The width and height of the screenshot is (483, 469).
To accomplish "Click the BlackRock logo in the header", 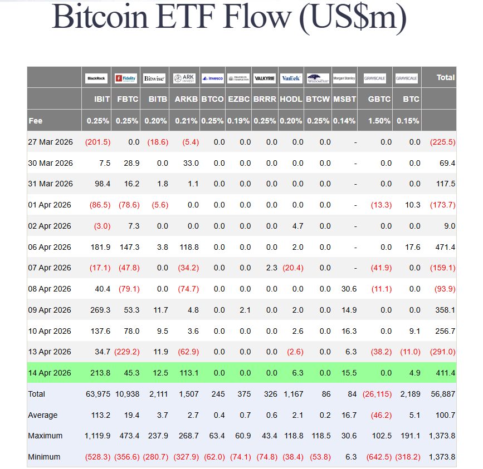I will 96,78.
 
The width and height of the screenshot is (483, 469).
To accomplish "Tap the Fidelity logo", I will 126,78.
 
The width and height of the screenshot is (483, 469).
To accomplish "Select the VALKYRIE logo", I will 265,78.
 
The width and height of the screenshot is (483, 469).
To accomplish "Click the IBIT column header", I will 103,100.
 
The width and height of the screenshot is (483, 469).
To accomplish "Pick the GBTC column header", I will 379,100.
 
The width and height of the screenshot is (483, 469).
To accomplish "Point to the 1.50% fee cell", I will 379,121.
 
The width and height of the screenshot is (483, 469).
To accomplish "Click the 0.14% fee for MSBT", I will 345,121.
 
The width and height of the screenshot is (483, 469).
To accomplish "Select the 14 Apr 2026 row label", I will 50,373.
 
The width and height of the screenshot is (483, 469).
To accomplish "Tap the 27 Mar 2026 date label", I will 50,142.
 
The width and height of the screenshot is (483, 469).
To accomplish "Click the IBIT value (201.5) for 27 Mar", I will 97,142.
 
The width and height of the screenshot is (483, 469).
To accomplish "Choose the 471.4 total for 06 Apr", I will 445,247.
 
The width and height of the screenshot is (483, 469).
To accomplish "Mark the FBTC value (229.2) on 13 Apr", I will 127,352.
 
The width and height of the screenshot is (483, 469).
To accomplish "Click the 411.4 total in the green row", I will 445,373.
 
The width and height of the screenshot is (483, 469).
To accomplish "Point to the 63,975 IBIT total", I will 98,394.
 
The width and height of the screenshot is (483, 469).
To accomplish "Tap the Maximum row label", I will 45,436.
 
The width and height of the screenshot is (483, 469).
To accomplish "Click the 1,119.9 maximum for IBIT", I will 97,436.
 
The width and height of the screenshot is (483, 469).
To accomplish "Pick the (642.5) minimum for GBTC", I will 379,457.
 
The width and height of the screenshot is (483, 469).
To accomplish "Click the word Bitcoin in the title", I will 101,18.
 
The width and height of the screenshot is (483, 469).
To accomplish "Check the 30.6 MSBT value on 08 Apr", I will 349,289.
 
